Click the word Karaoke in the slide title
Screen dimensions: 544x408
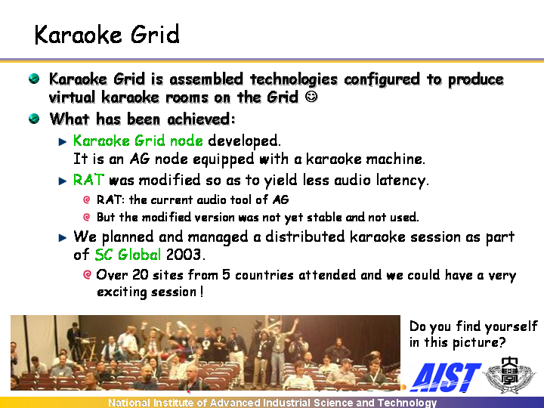pos(78,35)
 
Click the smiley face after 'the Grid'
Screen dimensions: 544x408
pos(311,97)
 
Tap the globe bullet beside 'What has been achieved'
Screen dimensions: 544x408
pos(34,119)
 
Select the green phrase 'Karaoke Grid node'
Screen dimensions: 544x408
pos(138,141)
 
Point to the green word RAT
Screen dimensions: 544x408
pos(88,180)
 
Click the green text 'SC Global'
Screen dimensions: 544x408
pos(128,255)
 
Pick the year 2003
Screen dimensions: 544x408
pos(183,255)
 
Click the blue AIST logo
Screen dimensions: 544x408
pos(446,377)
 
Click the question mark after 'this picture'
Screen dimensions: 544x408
pos(502,342)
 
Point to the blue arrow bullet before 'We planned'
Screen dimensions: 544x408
pos(63,238)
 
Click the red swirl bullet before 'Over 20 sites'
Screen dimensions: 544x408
pos(87,275)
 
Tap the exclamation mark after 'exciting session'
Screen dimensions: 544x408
pos(202,292)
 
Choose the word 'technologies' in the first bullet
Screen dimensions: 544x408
pos(293,79)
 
